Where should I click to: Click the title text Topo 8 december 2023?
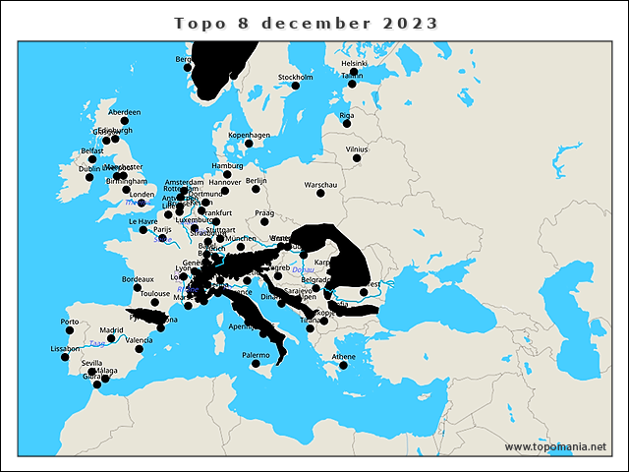tap(306, 23)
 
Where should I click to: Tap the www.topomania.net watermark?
tap(556, 446)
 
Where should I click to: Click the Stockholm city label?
tap(296, 77)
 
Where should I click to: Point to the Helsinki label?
tap(354, 64)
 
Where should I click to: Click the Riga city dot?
tap(346, 126)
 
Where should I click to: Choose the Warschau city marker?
tap(320, 195)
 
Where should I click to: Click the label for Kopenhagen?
tap(249, 135)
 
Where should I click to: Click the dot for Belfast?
tap(92, 159)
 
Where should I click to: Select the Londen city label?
tap(142, 194)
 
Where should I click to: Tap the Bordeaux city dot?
tap(138, 289)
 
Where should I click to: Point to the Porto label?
tap(70, 322)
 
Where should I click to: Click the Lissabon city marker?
tap(65, 358)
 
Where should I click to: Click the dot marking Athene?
tap(344, 366)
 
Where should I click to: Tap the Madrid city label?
tap(112, 329)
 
